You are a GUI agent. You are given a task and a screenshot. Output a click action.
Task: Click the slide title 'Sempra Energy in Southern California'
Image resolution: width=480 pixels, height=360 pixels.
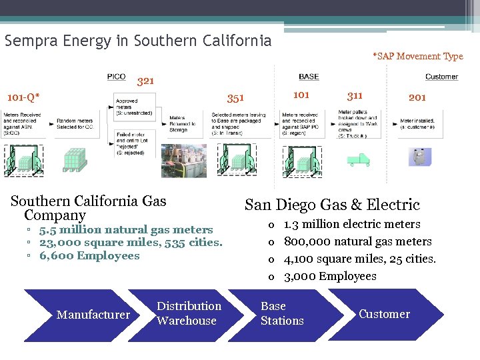[138, 41]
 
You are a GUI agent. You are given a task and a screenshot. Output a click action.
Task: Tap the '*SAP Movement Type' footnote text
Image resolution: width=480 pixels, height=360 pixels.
[417, 57]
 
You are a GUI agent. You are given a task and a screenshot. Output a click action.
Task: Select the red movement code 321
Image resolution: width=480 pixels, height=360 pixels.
[145, 81]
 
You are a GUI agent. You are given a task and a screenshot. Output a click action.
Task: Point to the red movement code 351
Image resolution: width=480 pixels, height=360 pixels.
[235, 99]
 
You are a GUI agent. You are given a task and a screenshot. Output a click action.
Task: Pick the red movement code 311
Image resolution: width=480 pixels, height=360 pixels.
[355, 95]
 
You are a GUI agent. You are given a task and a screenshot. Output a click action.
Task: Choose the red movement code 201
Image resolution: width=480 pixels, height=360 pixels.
[417, 97]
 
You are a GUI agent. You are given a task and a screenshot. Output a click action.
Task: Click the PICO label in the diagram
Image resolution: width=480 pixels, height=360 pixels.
[116, 77]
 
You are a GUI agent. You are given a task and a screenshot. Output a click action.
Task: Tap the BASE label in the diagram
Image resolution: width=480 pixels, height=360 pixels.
[309, 77]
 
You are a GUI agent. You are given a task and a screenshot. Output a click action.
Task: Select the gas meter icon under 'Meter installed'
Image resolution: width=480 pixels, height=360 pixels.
[420, 157]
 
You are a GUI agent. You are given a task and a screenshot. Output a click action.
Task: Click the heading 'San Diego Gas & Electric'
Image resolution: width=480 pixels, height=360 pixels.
[332, 205]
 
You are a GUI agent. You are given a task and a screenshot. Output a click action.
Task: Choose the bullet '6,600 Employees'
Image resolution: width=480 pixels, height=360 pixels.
[89, 256]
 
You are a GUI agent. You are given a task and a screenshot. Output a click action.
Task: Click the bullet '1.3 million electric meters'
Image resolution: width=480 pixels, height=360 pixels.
[352, 224]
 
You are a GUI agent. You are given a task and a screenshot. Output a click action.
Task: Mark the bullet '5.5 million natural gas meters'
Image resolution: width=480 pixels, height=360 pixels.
[126, 230]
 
